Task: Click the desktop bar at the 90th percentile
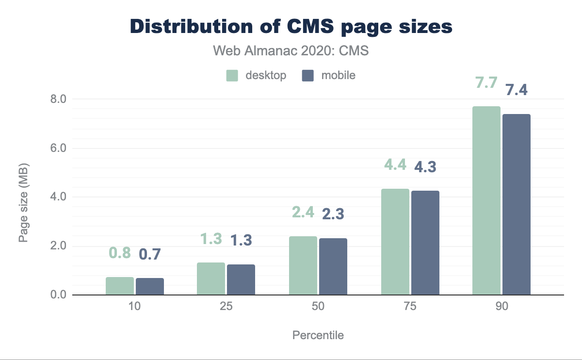click(486, 200)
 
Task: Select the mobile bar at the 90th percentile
click(517, 204)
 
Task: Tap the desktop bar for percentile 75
click(395, 242)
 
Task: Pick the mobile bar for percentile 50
click(333, 266)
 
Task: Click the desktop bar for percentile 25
click(211, 278)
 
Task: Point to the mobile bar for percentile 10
click(150, 286)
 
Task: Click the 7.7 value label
click(486, 82)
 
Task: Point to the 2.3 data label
click(333, 214)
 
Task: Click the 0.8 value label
click(119, 253)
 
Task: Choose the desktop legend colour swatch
click(232, 76)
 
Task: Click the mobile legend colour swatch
click(307, 76)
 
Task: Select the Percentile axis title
click(318, 335)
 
